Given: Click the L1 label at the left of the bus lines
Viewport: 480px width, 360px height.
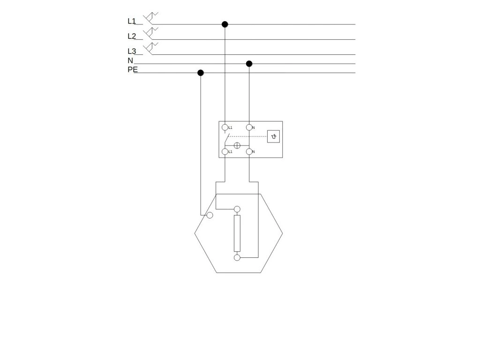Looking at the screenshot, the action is click(x=131, y=21).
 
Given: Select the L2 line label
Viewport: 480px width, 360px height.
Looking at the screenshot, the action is click(x=131, y=36).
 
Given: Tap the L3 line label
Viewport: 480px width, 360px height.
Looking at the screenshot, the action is click(x=131, y=51).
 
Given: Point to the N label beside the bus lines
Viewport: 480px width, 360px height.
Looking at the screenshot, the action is click(x=130, y=60).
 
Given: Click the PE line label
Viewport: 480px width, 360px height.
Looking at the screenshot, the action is click(x=133, y=69).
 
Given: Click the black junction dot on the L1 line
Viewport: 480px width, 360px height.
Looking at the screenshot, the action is click(x=225, y=24).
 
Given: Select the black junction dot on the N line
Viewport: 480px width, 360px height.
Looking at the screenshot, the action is click(x=249, y=64).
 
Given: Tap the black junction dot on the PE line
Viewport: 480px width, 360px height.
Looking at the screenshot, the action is click(x=201, y=73).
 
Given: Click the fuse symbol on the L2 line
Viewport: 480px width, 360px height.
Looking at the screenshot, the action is click(x=150, y=33).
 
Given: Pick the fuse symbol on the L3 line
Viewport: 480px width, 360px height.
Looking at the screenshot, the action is click(x=150, y=48).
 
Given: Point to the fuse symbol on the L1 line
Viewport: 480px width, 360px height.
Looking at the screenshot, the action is click(x=150, y=18).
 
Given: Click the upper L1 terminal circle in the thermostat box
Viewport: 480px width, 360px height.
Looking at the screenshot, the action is click(x=225, y=127).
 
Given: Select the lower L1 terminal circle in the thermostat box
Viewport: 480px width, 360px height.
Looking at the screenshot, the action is click(x=225, y=151).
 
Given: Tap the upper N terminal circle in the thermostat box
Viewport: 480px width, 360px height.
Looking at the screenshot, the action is click(x=249, y=127).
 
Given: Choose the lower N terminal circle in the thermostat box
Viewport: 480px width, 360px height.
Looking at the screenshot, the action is click(x=249, y=151).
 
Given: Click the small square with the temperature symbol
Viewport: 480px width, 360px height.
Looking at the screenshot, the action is click(x=274, y=136).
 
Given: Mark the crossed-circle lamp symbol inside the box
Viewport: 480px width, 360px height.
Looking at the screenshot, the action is click(x=237, y=145).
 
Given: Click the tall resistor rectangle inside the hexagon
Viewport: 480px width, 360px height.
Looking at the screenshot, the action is click(x=237, y=233).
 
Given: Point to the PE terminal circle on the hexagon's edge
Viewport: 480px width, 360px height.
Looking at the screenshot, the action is click(x=210, y=215).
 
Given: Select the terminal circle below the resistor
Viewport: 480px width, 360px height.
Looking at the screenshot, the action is click(x=237, y=257).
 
